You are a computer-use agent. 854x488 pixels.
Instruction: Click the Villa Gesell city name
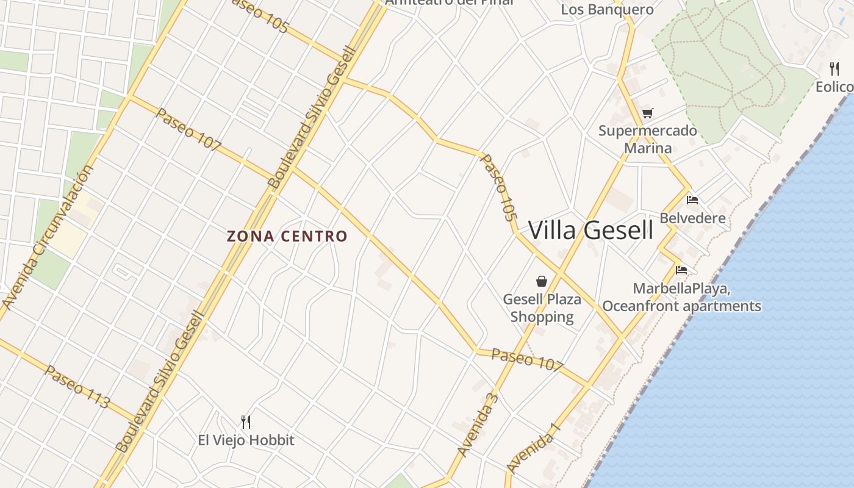point(590,231)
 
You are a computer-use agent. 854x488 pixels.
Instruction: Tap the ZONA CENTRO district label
point(287,236)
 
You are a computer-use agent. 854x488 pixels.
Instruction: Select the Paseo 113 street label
point(77,387)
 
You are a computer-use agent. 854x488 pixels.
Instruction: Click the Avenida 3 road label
point(478,425)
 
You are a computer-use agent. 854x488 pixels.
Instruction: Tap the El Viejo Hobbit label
point(246,440)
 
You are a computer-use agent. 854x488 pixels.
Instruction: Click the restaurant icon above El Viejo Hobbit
point(246,422)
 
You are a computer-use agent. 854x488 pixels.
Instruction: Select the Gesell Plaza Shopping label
point(542,308)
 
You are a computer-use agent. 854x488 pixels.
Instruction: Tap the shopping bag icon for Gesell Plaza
point(541,281)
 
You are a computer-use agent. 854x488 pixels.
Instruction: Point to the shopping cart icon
point(647,113)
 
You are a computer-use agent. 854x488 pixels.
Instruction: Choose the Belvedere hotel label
point(692,218)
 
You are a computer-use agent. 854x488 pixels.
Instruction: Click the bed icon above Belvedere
point(692,199)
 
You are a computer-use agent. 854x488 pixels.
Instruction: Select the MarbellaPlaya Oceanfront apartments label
point(681,297)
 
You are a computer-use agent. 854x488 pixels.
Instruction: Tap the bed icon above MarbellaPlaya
point(681,270)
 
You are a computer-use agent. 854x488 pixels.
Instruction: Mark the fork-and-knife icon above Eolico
point(834,69)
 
